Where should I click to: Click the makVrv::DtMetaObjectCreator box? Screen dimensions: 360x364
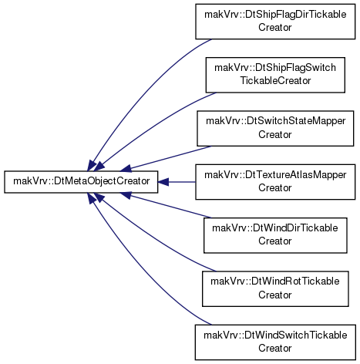click(x=81, y=182)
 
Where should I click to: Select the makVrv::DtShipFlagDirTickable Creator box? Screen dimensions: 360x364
click(x=275, y=22)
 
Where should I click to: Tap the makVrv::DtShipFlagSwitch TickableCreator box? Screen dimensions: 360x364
click(x=275, y=75)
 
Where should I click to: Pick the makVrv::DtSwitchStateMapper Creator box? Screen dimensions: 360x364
click(x=275, y=128)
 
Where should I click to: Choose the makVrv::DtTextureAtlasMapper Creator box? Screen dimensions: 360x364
click(x=275, y=182)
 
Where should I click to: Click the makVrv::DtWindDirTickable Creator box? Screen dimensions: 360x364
click(x=275, y=235)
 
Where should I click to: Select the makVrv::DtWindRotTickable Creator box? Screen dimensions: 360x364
click(x=275, y=288)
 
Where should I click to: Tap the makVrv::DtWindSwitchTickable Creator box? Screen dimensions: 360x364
click(x=275, y=342)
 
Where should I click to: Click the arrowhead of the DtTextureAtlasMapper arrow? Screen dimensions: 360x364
click(x=163, y=182)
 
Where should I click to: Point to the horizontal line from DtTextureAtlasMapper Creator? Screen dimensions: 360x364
click(x=182, y=182)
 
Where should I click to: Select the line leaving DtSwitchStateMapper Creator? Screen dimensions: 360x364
click(x=170, y=157)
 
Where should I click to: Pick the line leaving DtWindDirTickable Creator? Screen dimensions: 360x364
click(x=170, y=207)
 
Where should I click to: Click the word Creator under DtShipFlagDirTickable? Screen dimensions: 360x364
click(x=275, y=27)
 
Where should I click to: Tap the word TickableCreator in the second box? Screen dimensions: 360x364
click(x=275, y=81)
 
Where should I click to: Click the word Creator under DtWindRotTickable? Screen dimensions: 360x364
click(x=275, y=295)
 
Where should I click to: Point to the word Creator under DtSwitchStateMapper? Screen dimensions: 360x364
click(x=275, y=134)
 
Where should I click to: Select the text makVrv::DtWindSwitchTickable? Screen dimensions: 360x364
click(x=275, y=335)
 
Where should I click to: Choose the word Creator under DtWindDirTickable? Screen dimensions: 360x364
click(x=275, y=241)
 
